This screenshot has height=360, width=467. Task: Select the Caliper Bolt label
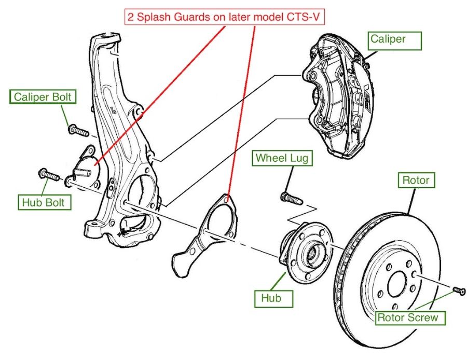click(x=42, y=97)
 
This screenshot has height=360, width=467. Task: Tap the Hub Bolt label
click(x=43, y=202)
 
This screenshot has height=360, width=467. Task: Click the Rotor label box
click(x=416, y=180)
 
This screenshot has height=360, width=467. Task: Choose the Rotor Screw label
click(x=410, y=317)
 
